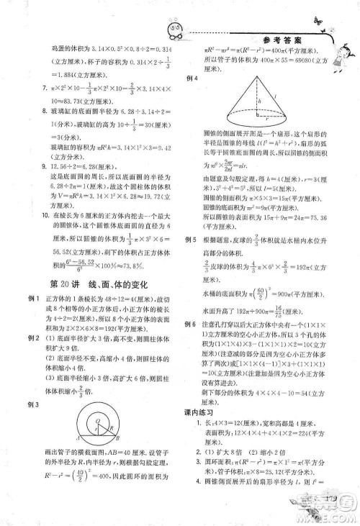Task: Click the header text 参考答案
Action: coord(279,41)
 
